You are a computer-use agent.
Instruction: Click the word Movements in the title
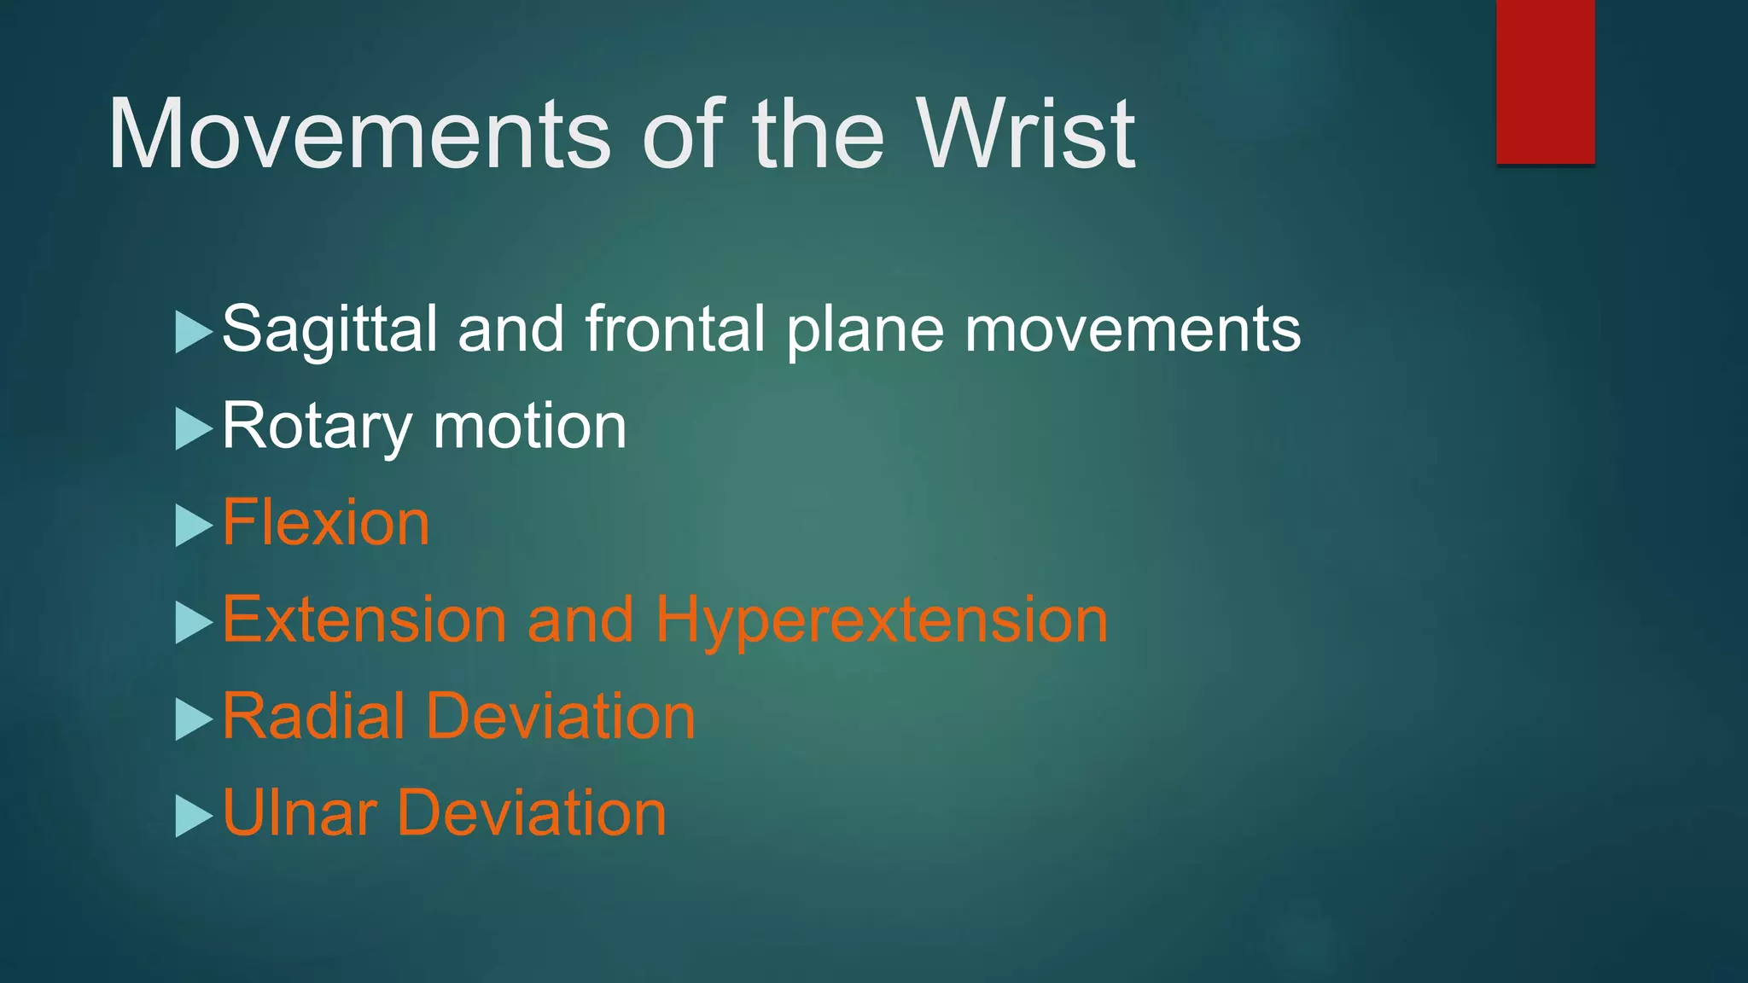pyautogui.click(x=358, y=135)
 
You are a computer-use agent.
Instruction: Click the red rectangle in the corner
pyautogui.click(x=1545, y=81)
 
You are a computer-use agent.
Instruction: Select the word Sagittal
pyautogui.click(x=329, y=329)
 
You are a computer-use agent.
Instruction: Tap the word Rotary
pyautogui.click(x=317, y=427)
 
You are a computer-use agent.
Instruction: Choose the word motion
pyautogui.click(x=530, y=427)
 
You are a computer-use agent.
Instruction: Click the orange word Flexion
pyautogui.click(x=326, y=523)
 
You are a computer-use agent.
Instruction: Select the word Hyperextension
pyautogui.click(x=882, y=621)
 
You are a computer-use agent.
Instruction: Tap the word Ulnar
pyautogui.click(x=299, y=813)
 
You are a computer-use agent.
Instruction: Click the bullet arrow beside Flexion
pyautogui.click(x=192, y=525)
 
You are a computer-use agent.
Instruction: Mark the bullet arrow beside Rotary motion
pyautogui.click(x=192, y=428)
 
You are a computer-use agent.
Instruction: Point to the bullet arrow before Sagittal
pyautogui.click(x=192, y=332)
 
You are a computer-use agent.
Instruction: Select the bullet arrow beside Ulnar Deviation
pyautogui.click(x=192, y=815)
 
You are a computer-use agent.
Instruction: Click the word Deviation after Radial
pyautogui.click(x=561, y=716)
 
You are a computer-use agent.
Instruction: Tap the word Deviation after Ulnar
pyautogui.click(x=531, y=813)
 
